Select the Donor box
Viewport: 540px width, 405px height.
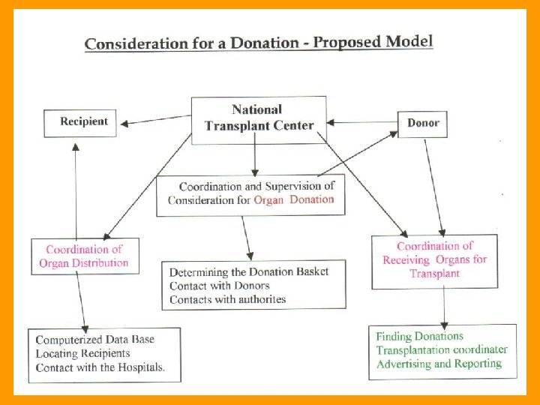coord(422,124)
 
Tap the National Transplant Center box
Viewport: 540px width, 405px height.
coord(259,118)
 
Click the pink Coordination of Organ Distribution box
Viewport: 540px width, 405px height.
coord(84,256)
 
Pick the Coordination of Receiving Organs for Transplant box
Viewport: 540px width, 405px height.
coord(434,260)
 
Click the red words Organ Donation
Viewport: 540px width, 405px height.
coord(294,200)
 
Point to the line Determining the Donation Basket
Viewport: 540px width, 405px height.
coord(248,271)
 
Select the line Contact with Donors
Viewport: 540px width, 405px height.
coord(219,286)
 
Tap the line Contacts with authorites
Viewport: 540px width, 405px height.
coord(227,299)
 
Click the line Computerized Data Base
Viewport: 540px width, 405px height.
coord(94,340)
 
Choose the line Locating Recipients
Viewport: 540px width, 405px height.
coord(82,353)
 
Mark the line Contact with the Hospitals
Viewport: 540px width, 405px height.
coord(100,367)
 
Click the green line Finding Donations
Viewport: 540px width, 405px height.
coord(419,337)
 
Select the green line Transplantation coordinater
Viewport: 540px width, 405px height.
coord(441,350)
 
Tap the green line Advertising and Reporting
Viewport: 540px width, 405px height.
coord(438,364)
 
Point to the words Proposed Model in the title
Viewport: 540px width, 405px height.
coord(373,40)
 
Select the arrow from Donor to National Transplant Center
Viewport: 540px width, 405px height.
coord(363,122)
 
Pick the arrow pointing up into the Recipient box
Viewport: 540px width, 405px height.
coord(76,187)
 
